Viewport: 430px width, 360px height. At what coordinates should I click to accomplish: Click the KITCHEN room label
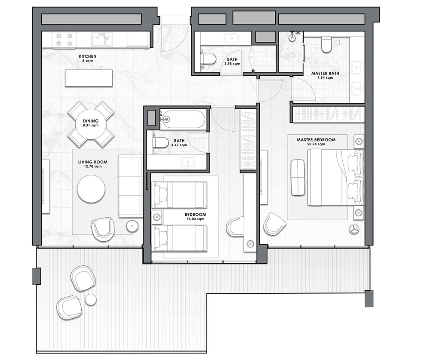(x=87, y=56)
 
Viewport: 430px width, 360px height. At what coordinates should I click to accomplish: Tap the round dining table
(x=91, y=124)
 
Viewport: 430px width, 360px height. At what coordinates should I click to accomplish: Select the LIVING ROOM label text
(x=93, y=162)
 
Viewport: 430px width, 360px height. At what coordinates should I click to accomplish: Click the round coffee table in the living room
(x=91, y=188)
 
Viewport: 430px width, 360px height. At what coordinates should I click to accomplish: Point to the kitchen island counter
(x=89, y=78)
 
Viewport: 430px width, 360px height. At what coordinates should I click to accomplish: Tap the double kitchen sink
(x=101, y=40)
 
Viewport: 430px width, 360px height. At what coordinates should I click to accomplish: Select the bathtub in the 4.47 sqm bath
(x=182, y=119)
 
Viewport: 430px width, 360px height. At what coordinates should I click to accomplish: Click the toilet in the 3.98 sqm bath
(x=209, y=59)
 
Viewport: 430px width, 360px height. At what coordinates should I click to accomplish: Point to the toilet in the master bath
(x=327, y=44)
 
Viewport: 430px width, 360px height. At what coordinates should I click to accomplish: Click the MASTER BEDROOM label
(x=316, y=140)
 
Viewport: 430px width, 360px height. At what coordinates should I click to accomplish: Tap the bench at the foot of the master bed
(x=298, y=177)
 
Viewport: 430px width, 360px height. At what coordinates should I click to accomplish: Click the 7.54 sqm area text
(x=325, y=78)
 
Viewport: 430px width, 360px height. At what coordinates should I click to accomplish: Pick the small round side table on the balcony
(x=91, y=299)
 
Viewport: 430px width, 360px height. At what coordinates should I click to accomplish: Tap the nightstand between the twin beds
(x=157, y=217)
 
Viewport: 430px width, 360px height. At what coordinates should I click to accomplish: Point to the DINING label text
(x=91, y=121)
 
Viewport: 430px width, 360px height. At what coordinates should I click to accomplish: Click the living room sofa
(x=130, y=186)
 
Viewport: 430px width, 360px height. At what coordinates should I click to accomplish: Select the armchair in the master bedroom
(x=274, y=223)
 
